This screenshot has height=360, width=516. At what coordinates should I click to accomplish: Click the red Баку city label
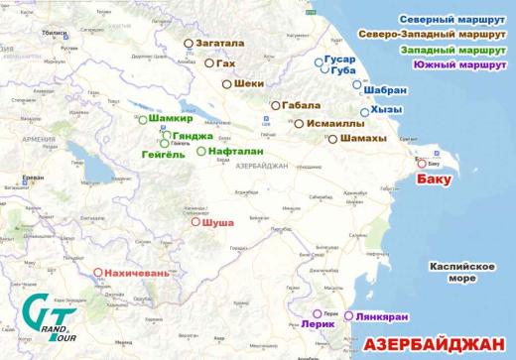point(434,180)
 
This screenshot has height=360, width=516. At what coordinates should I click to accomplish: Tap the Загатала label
point(219,44)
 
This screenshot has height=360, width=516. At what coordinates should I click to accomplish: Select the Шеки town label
point(249,84)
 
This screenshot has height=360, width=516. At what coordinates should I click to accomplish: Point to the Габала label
point(302,104)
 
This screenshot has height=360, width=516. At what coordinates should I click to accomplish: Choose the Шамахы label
point(362,139)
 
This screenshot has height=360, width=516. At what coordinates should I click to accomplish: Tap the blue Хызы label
point(388,111)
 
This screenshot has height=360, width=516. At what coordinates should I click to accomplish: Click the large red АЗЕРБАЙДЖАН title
point(434,344)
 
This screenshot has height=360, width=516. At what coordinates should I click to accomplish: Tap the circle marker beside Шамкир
point(143,120)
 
